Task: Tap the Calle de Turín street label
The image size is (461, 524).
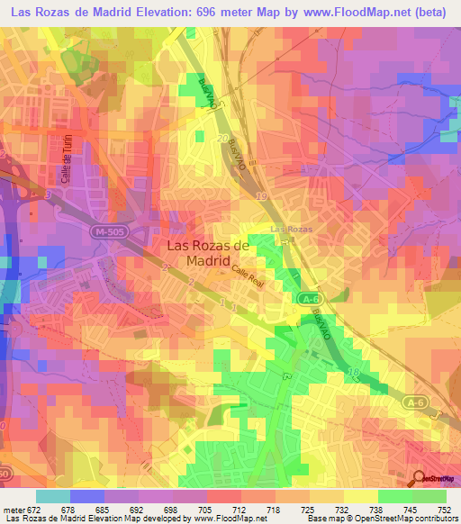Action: click(x=65, y=165)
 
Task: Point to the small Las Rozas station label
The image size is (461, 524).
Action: click(x=293, y=229)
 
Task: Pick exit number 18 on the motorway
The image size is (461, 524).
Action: click(x=357, y=370)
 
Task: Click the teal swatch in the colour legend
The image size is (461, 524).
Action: click(x=53, y=496)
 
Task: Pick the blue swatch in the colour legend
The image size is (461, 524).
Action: click(x=87, y=496)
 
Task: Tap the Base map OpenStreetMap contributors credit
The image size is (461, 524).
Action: click(x=381, y=519)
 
